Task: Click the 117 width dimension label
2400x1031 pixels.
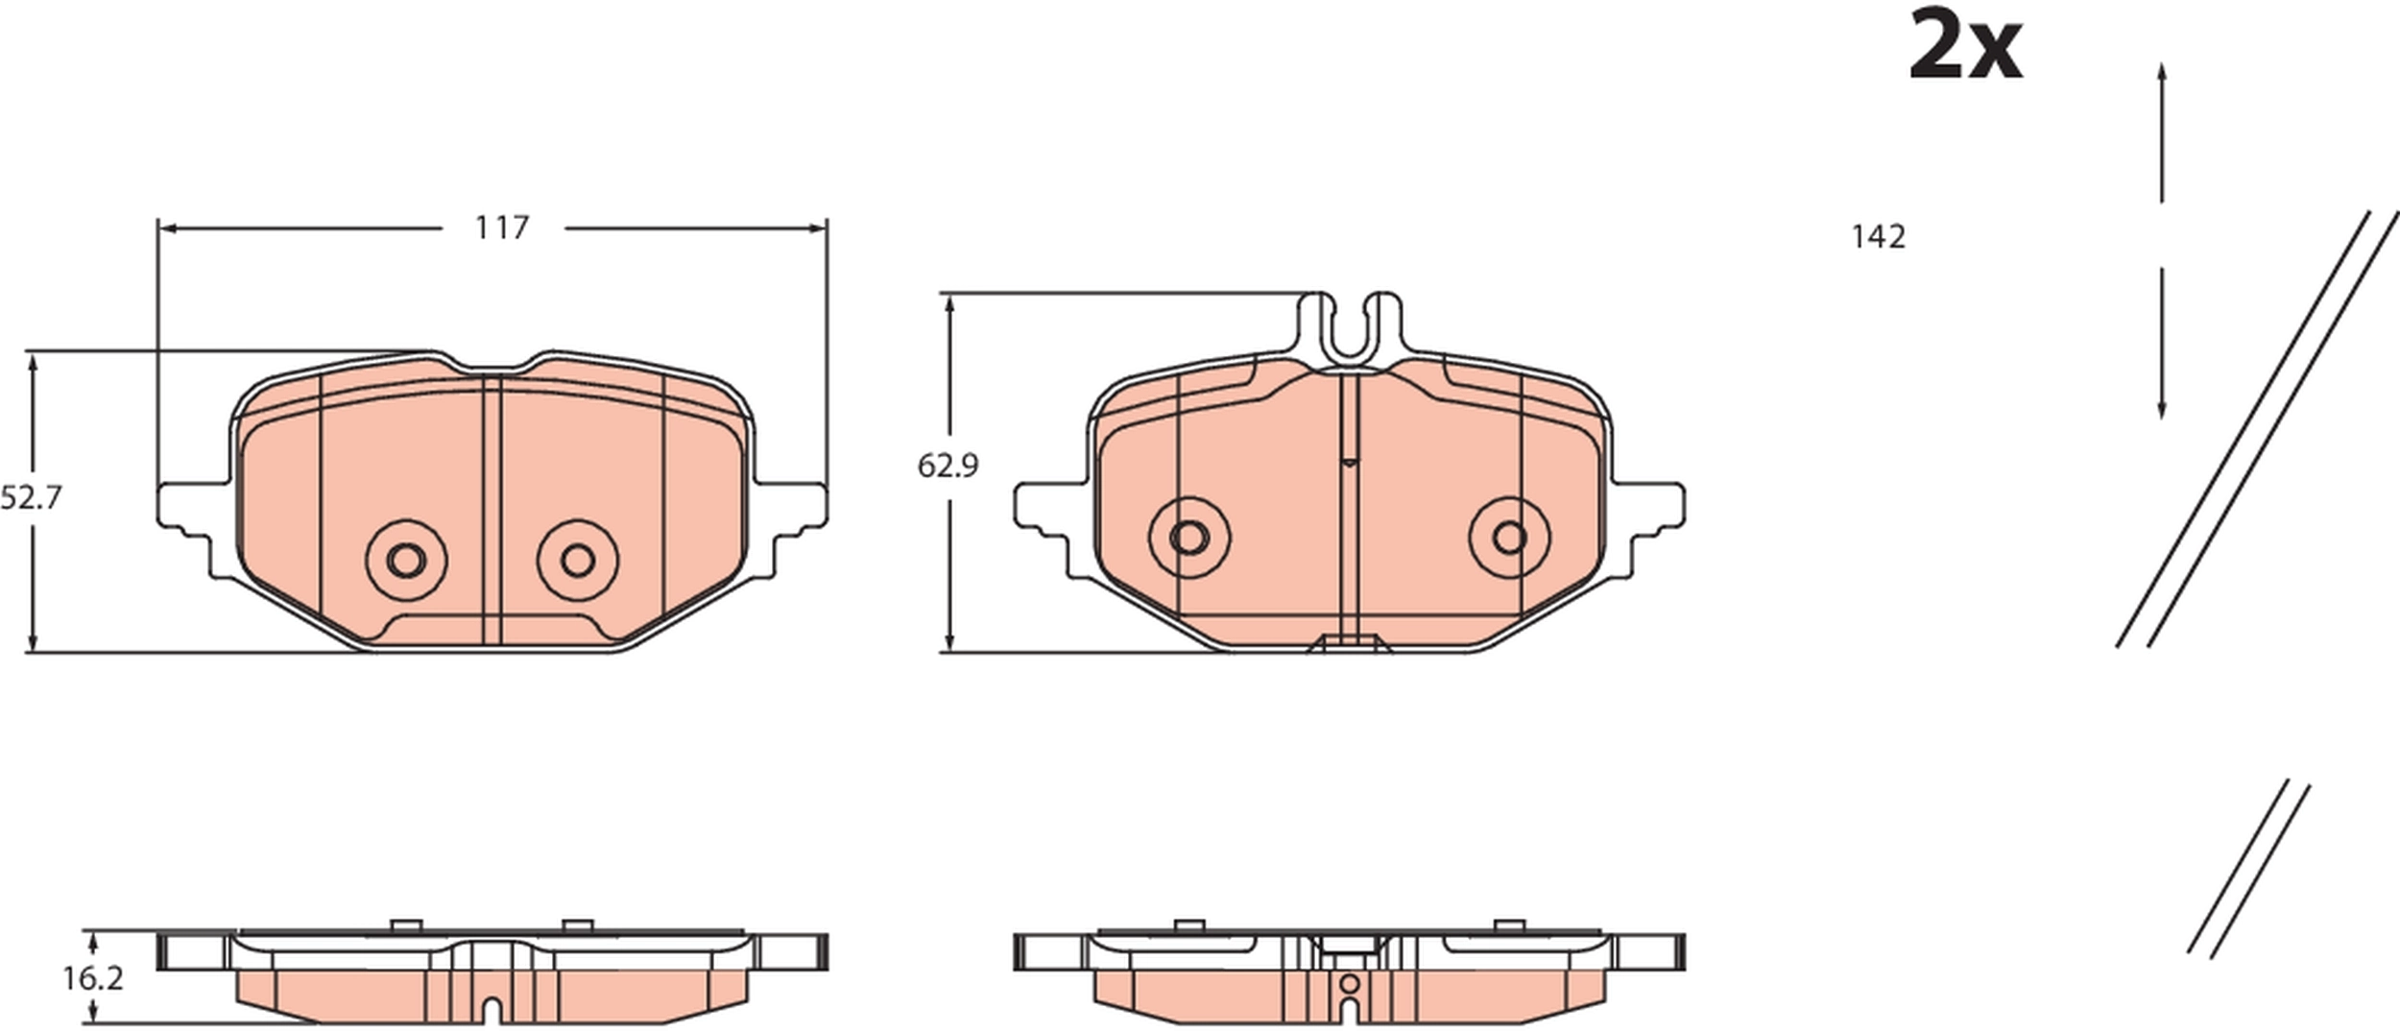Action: pyautogui.click(x=501, y=228)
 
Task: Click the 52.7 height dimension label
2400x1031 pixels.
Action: pyautogui.click(x=31, y=498)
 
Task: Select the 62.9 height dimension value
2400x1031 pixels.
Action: pyautogui.click(x=947, y=467)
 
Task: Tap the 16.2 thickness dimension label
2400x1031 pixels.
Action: pyautogui.click(x=93, y=979)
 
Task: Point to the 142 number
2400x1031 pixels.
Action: pyautogui.click(x=1878, y=237)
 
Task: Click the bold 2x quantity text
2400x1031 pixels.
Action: pyautogui.click(x=1964, y=45)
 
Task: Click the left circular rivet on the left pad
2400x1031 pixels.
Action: pyautogui.click(x=406, y=560)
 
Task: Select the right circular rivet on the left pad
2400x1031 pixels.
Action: pyautogui.click(x=578, y=560)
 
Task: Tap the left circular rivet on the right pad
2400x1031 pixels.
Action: pyautogui.click(x=1188, y=538)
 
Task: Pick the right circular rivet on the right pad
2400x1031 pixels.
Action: pyautogui.click(x=1509, y=538)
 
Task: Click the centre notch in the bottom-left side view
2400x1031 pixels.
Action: pyautogui.click(x=492, y=1010)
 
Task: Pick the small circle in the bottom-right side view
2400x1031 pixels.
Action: pyautogui.click(x=1349, y=983)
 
